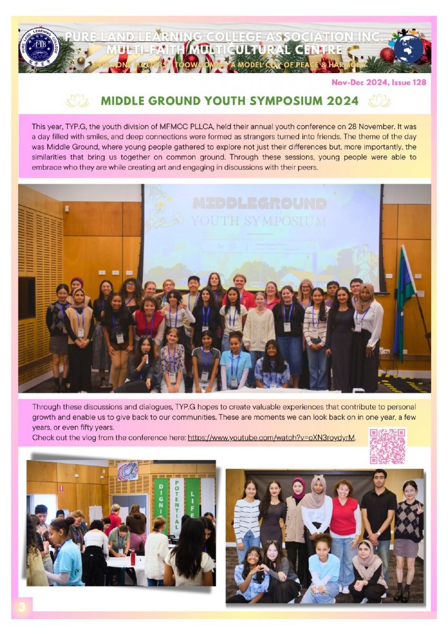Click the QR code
click(x=387, y=446)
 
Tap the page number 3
click(x=22, y=607)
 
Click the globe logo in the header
click(x=408, y=48)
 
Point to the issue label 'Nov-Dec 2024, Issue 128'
click(x=378, y=82)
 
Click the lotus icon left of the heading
click(x=77, y=101)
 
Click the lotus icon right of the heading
click(x=379, y=101)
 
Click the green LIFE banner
click(x=193, y=497)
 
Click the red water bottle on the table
click(x=133, y=557)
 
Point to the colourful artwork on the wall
click(x=127, y=470)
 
